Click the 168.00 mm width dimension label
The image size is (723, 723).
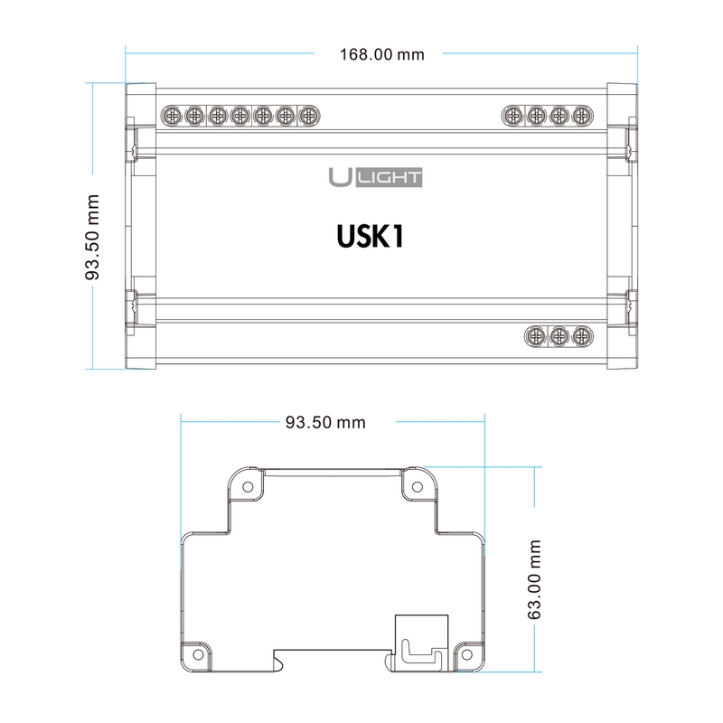pos(381,54)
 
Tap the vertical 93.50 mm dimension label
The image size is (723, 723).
pos(92,237)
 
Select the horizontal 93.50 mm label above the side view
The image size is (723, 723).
pos(325,422)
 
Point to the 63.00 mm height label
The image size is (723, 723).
pos(533,579)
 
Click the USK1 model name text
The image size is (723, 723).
pos(371,237)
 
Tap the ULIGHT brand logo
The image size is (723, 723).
pos(375,177)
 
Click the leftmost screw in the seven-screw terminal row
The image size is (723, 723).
pos(172,116)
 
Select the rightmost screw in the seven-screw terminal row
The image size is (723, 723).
pos(308,116)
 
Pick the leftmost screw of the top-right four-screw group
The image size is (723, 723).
pos(512,116)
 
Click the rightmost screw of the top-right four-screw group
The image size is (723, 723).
pos(582,116)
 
